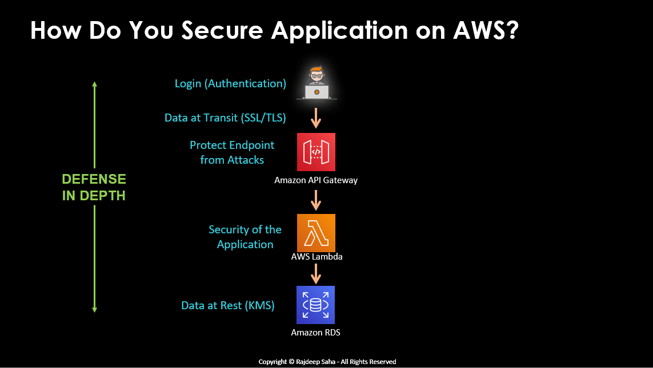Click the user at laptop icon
coord(316,83)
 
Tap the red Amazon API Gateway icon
coord(316,152)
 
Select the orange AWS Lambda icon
coord(316,233)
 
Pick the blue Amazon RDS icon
coord(316,305)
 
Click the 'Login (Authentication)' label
coord(230,84)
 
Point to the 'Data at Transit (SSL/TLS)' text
coord(225,118)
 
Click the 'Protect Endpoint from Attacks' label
coord(232,152)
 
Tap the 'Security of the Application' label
coord(245,237)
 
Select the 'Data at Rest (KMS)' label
coord(228,306)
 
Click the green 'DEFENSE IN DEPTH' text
coord(94,187)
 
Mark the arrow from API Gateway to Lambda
coord(316,199)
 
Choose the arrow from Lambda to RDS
coord(316,273)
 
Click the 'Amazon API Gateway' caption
coord(316,180)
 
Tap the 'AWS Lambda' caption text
coord(317,257)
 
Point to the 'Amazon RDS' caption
coord(316,333)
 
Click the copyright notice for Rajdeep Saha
coord(327,362)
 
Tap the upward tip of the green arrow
coord(95,83)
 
